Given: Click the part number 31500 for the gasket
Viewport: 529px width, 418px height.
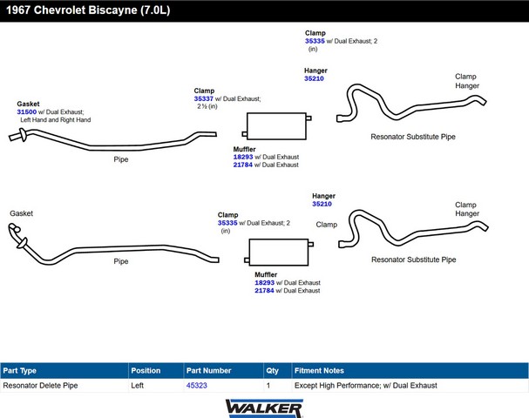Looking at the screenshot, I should [x=26, y=111].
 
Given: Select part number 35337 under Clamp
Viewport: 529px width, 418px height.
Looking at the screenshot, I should [x=203, y=98].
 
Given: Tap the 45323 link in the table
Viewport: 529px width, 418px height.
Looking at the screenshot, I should [x=197, y=385].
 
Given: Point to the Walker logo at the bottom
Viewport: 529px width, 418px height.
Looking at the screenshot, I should [x=264, y=407].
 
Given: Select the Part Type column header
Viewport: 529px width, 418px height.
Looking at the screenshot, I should [x=20, y=370].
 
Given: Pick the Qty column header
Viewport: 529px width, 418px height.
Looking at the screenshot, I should [x=273, y=370].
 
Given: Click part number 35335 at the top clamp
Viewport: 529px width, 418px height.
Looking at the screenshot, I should [x=315, y=41].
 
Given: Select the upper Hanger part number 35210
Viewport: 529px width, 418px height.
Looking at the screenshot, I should [x=314, y=78].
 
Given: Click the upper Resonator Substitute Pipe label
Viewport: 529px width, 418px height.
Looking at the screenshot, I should [x=413, y=137].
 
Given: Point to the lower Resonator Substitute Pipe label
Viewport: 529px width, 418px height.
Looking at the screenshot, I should [x=413, y=260].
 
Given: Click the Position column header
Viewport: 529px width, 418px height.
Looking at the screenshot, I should [x=146, y=370].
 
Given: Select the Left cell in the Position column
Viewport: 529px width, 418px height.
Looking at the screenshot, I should [x=138, y=385].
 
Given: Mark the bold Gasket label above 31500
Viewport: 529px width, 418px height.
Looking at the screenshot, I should [x=28, y=104].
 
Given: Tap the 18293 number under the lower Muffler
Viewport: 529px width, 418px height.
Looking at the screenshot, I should [x=264, y=283].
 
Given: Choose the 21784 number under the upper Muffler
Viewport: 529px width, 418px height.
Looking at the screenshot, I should [x=243, y=165].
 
